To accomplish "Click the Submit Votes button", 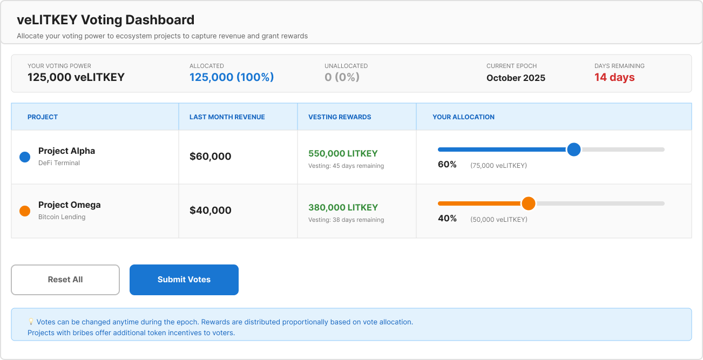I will [x=184, y=280].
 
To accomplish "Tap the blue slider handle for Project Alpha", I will [x=574, y=150].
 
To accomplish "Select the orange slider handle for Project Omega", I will [x=529, y=203].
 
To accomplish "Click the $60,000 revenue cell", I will [x=211, y=157].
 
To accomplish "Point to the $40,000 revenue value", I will [x=211, y=210].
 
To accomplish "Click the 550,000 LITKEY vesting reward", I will [x=343, y=153].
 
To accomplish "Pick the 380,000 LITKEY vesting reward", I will [x=343, y=207].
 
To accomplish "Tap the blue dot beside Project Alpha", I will [x=25, y=157].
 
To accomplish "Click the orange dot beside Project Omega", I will [x=25, y=211].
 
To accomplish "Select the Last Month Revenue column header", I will [x=227, y=117].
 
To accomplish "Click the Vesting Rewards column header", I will [x=340, y=117].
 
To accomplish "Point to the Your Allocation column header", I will [x=463, y=117].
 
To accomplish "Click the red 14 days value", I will [x=614, y=77].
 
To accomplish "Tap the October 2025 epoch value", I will [x=516, y=78].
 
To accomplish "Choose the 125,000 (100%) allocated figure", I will [x=232, y=77].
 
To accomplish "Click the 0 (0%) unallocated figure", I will [x=342, y=77].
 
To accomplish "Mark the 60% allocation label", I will [x=447, y=165].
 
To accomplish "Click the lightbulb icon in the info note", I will [x=31, y=322].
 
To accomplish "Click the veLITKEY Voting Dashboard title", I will [x=105, y=20].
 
